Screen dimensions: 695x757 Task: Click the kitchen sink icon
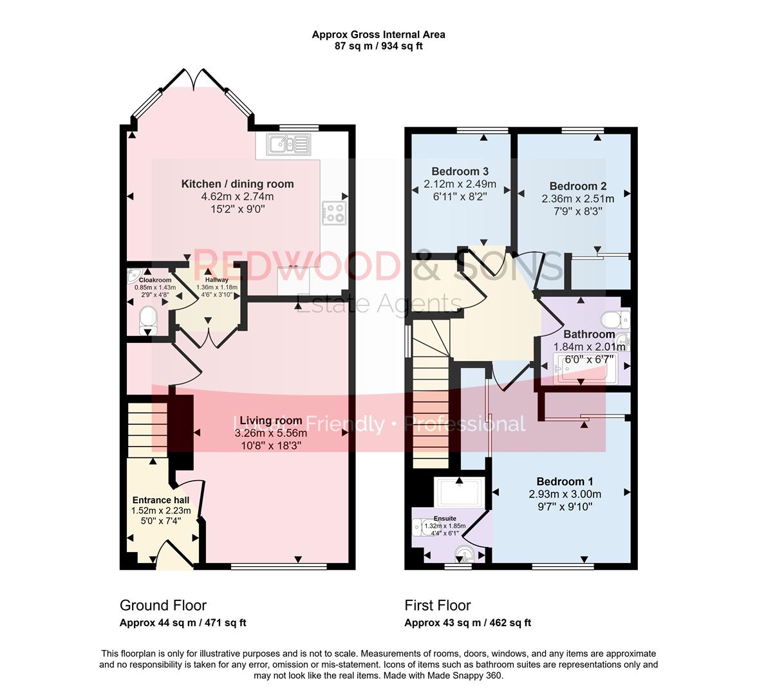click(x=290, y=144)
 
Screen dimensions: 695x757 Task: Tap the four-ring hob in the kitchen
click(x=333, y=212)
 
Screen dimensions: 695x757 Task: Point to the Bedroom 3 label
click(x=460, y=171)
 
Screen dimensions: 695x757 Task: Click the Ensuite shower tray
click(x=458, y=493)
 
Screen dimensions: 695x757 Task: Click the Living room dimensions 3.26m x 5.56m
click(x=270, y=433)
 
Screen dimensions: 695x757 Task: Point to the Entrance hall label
click(x=161, y=500)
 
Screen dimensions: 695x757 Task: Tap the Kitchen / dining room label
click(x=237, y=184)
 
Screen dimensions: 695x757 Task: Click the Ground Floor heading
click(x=163, y=606)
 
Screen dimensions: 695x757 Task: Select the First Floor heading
click(x=437, y=606)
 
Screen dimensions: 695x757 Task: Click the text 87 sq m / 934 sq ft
click(x=378, y=46)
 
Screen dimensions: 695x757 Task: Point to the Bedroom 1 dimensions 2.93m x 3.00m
click(x=565, y=494)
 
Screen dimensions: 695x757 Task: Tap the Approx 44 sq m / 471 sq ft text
click(x=183, y=623)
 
